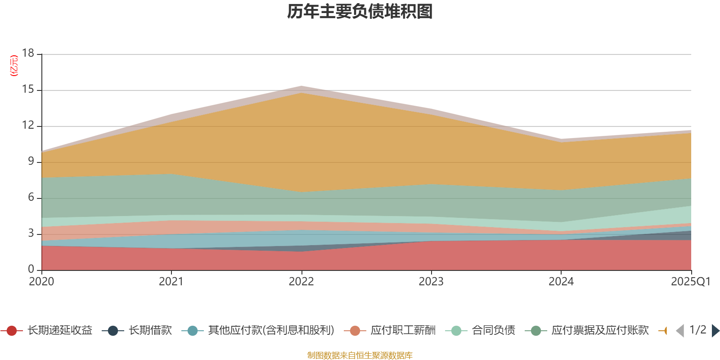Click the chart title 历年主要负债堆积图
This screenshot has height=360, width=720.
tap(360, 12)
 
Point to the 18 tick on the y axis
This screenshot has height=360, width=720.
tap(28, 53)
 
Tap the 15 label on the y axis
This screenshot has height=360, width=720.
tap(28, 90)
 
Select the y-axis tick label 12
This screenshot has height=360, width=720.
tap(28, 126)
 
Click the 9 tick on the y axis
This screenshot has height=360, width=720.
tap(31, 162)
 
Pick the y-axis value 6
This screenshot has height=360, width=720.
tap(31, 198)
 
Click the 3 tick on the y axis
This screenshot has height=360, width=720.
tap(31, 234)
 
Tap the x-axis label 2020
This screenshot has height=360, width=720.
tap(41, 282)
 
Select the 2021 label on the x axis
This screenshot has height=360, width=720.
tap(171, 282)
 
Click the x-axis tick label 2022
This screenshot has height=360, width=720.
tap(301, 282)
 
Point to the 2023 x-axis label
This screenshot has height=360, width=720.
tap(431, 282)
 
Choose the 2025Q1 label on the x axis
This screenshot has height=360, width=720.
tap(690, 282)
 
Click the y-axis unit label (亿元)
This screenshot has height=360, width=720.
tap(14, 66)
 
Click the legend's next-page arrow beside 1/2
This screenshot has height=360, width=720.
tap(715, 331)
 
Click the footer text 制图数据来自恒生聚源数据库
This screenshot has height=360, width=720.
tap(360, 355)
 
